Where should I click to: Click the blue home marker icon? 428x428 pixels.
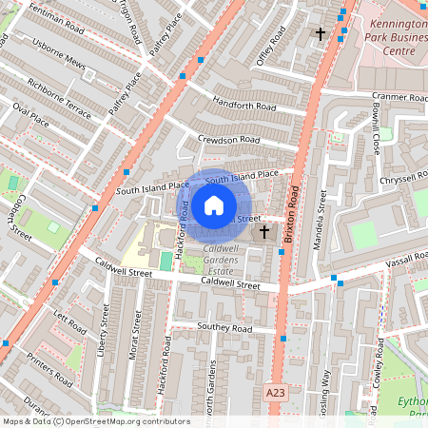(214, 204)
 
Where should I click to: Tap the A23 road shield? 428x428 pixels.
(276, 392)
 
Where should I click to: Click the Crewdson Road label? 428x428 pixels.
(228, 139)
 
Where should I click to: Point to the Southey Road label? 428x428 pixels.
(224, 328)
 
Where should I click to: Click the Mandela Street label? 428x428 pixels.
(321, 219)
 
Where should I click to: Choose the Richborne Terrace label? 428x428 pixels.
(60, 104)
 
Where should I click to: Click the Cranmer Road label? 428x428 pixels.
(399, 97)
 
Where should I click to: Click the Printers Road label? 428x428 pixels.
(50, 366)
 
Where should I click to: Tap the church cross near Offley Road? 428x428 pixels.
(321, 33)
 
